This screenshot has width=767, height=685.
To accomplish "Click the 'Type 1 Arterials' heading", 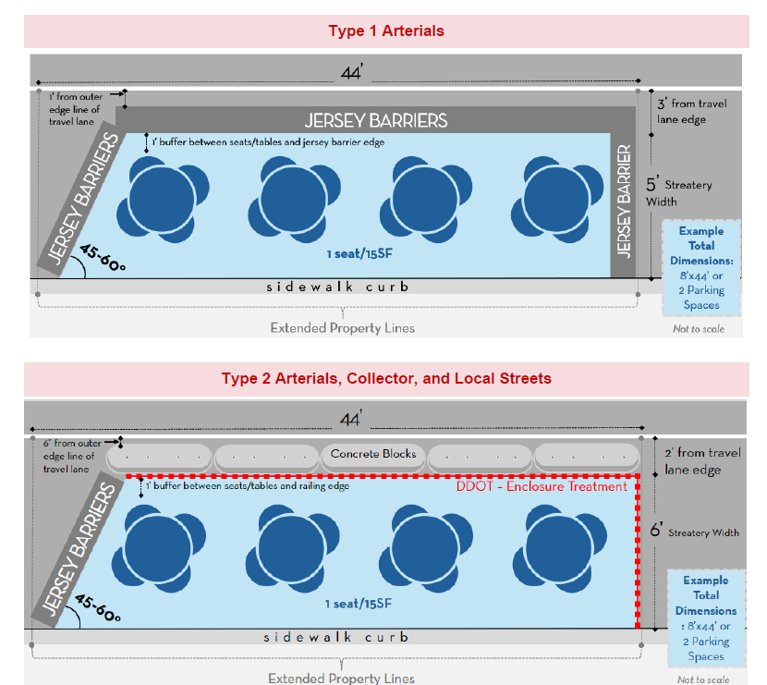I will (385, 31).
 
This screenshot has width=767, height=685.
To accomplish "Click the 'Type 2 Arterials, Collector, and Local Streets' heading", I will (385, 378).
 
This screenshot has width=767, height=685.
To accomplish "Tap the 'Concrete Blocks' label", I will (373, 454).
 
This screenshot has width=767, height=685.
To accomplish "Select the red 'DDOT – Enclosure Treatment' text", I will (542, 486).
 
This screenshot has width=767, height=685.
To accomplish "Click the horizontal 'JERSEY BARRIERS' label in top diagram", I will (376, 120).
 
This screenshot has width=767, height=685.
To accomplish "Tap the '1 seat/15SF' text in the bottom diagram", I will (356, 604).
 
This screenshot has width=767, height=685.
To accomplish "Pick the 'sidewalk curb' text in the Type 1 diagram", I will (337, 287).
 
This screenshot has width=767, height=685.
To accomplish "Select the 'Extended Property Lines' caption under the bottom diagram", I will (341, 679).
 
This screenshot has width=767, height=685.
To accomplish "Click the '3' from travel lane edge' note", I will (693, 111).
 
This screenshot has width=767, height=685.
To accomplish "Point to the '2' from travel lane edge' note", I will (702, 460).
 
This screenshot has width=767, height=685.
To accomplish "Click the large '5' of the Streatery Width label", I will (651, 184).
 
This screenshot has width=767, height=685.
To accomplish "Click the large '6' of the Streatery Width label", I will (656, 532).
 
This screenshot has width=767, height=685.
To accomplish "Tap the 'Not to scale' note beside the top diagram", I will (699, 328).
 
